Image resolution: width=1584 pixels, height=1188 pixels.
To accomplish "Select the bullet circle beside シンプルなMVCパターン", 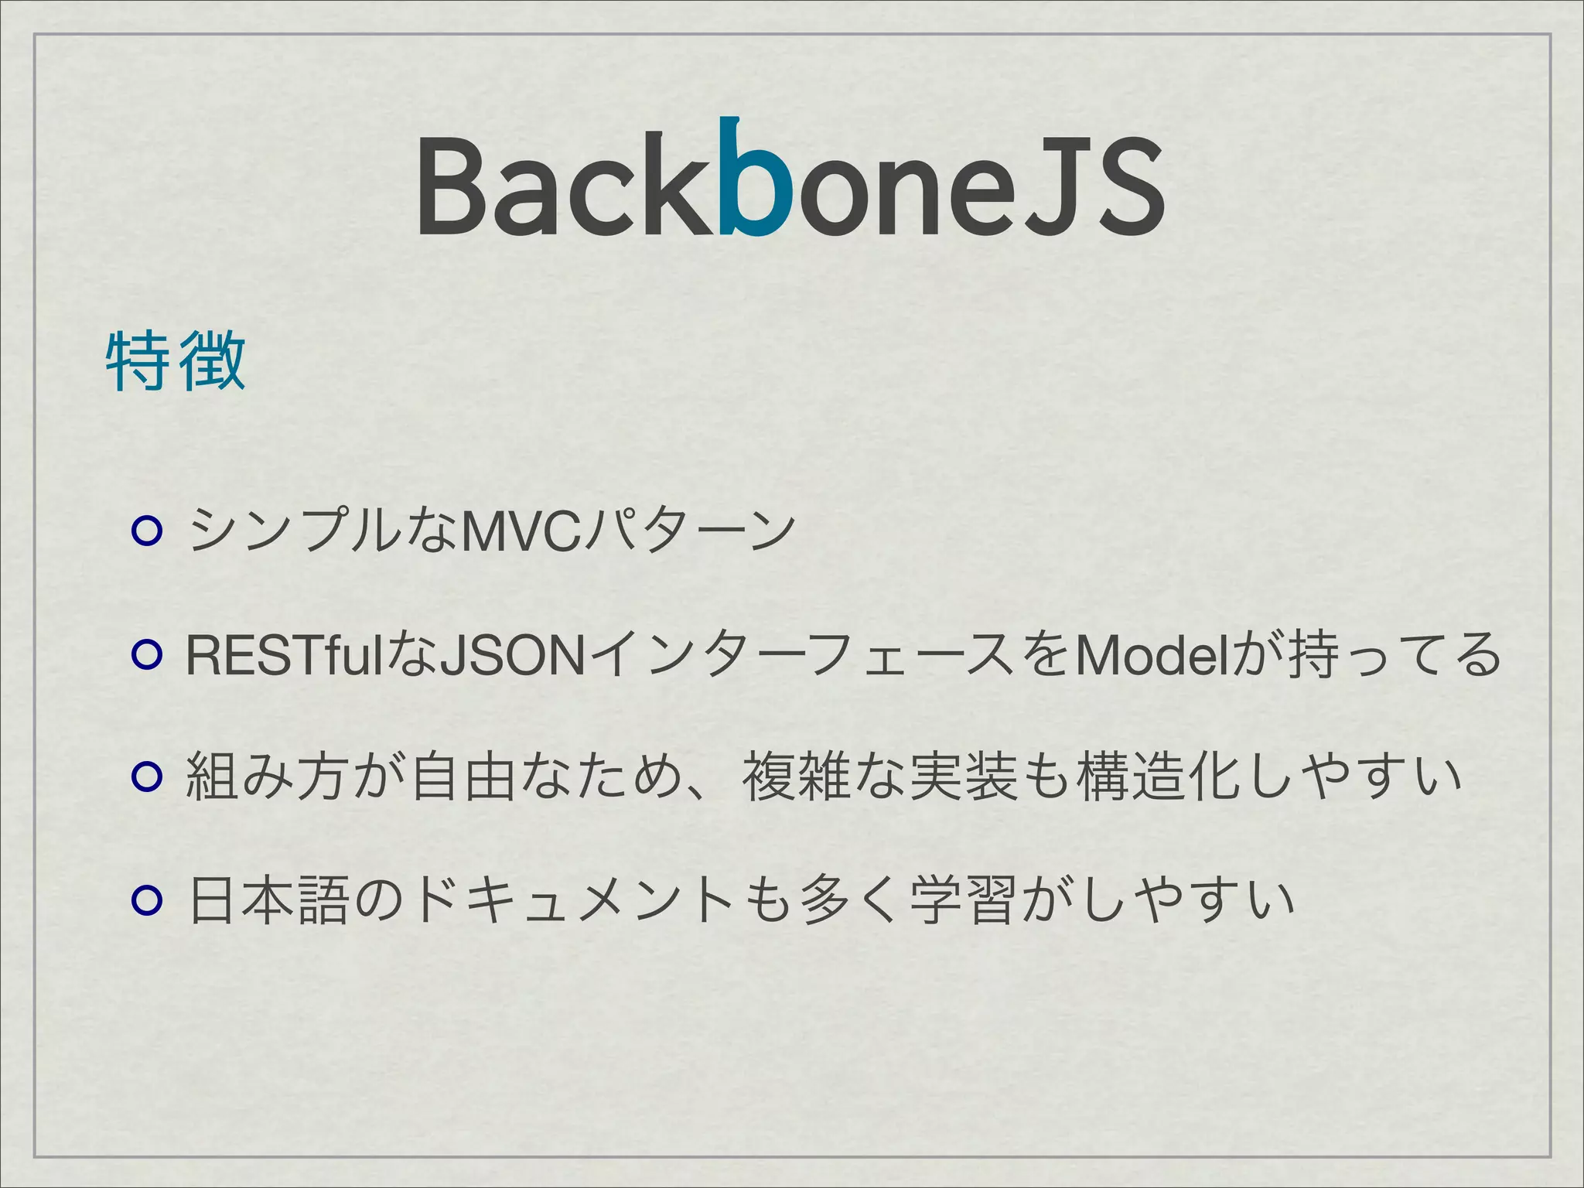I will coord(146,532).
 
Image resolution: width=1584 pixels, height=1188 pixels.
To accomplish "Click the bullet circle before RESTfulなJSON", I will coord(146,655).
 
